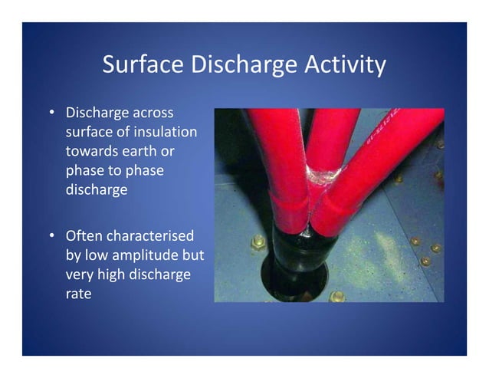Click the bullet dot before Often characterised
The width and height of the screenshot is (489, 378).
51,238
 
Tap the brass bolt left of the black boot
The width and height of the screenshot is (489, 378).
259,243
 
